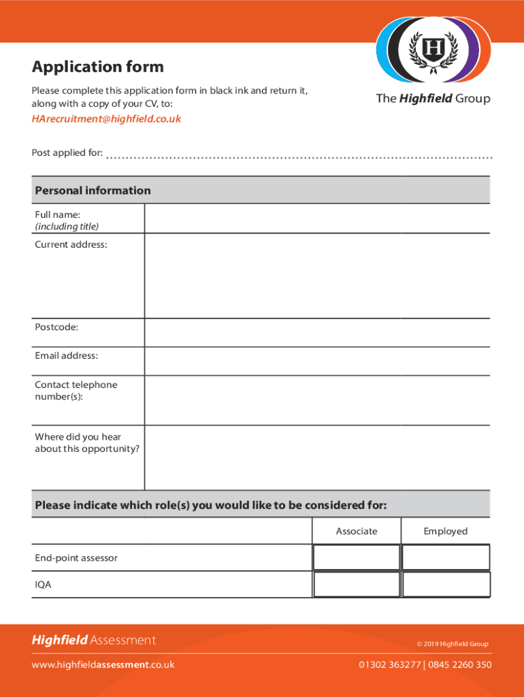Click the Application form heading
tap(97, 67)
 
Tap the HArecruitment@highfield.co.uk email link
tap(106, 118)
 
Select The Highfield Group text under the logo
tap(433, 99)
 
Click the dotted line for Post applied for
tap(299, 156)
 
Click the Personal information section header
tap(93, 191)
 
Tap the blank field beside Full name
tap(316, 218)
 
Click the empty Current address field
tap(316, 276)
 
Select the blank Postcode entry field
tap(316, 332)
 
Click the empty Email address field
tap(316, 361)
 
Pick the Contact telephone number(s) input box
tap(316, 400)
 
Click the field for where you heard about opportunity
tap(316, 457)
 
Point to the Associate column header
tap(356, 531)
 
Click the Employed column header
tap(446, 531)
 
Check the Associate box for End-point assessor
tap(356, 557)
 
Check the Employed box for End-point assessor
tap(446, 557)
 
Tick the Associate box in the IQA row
tap(356, 585)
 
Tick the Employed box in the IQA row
tap(446, 585)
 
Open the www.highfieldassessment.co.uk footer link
tap(103, 664)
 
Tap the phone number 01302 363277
tap(390, 664)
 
